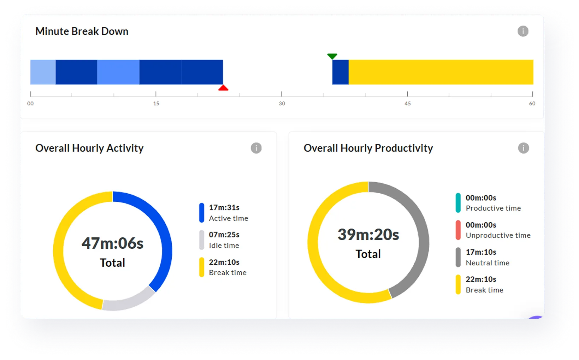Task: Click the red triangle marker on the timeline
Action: tap(223, 88)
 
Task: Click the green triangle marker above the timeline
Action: tap(332, 56)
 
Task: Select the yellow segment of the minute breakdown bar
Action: tap(441, 72)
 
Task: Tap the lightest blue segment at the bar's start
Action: tap(43, 72)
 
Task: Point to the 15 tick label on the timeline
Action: tap(156, 104)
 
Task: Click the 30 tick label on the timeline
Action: tap(282, 104)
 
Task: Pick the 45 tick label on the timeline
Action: tap(408, 104)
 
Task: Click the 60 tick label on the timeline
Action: tap(532, 104)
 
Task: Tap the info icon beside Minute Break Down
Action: tap(523, 31)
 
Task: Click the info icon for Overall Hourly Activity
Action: tap(256, 148)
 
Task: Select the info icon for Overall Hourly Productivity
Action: tap(523, 148)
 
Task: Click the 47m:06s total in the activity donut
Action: tap(112, 243)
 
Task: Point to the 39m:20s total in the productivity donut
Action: tap(368, 235)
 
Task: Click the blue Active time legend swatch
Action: tap(202, 213)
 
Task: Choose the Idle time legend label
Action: tap(224, 246)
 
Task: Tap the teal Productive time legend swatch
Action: tap(458, 203)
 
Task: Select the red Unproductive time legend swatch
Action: tap(458, 230)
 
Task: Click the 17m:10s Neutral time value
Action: tap(481, 252)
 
